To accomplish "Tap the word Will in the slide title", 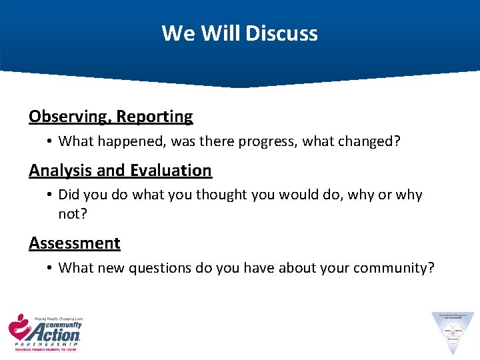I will tap(222, 33).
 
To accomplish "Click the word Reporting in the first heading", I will tap(155, 117).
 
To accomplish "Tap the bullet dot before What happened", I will tap(49, 141).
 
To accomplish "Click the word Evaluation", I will tap(171, 171).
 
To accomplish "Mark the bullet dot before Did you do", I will tap(49, 195).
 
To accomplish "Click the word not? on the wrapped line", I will tap(73, 213).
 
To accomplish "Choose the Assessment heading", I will tap(75, 243).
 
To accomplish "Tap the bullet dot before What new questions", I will tap(49, 269).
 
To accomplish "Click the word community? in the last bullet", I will tap(393, 268).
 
